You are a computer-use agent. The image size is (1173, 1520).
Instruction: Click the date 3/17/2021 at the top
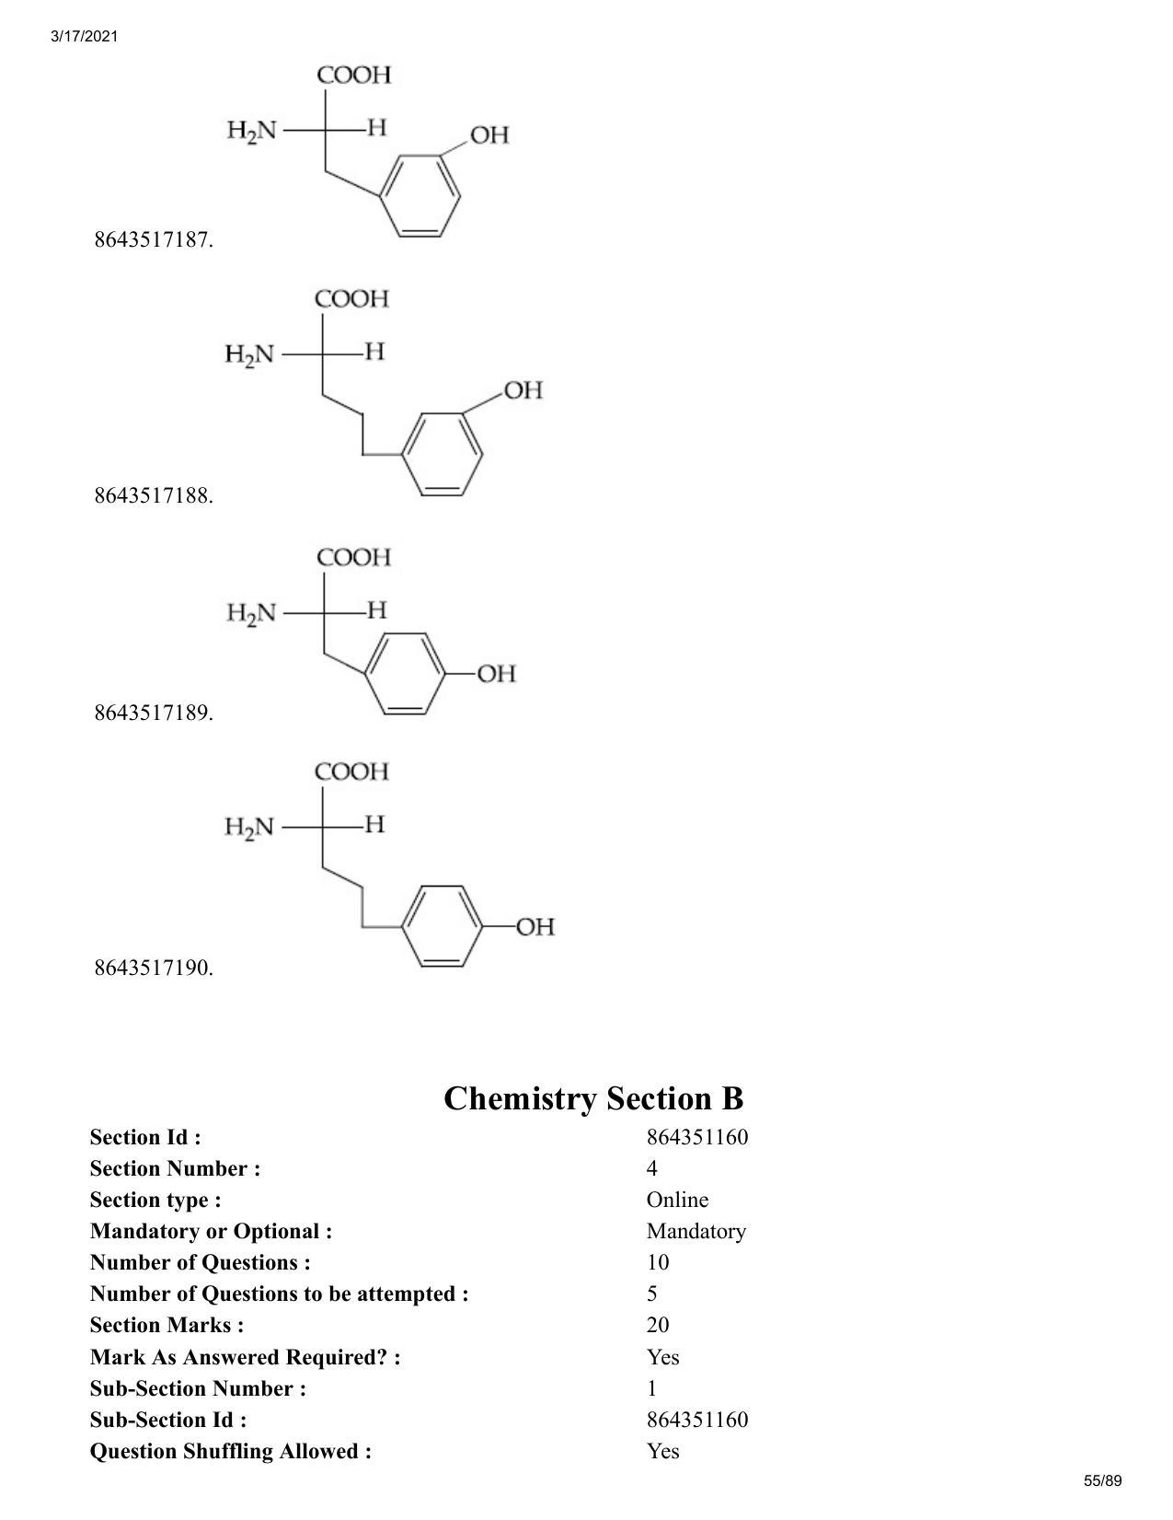coord(84,37)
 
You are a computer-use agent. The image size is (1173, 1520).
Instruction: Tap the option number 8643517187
coord(154,240)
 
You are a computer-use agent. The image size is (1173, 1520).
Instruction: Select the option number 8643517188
coord(154,496)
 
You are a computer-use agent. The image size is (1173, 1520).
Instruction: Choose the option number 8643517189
coord(154,713)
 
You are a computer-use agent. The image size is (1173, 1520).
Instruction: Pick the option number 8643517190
coord(154,969)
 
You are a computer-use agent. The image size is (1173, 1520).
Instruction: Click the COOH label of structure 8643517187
coord(353,75)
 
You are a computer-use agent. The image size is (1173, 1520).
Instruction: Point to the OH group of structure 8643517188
coord(523,390)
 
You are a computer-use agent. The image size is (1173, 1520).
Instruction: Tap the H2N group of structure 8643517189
coord(251,614)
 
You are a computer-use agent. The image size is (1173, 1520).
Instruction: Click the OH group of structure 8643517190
coord(535,927)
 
